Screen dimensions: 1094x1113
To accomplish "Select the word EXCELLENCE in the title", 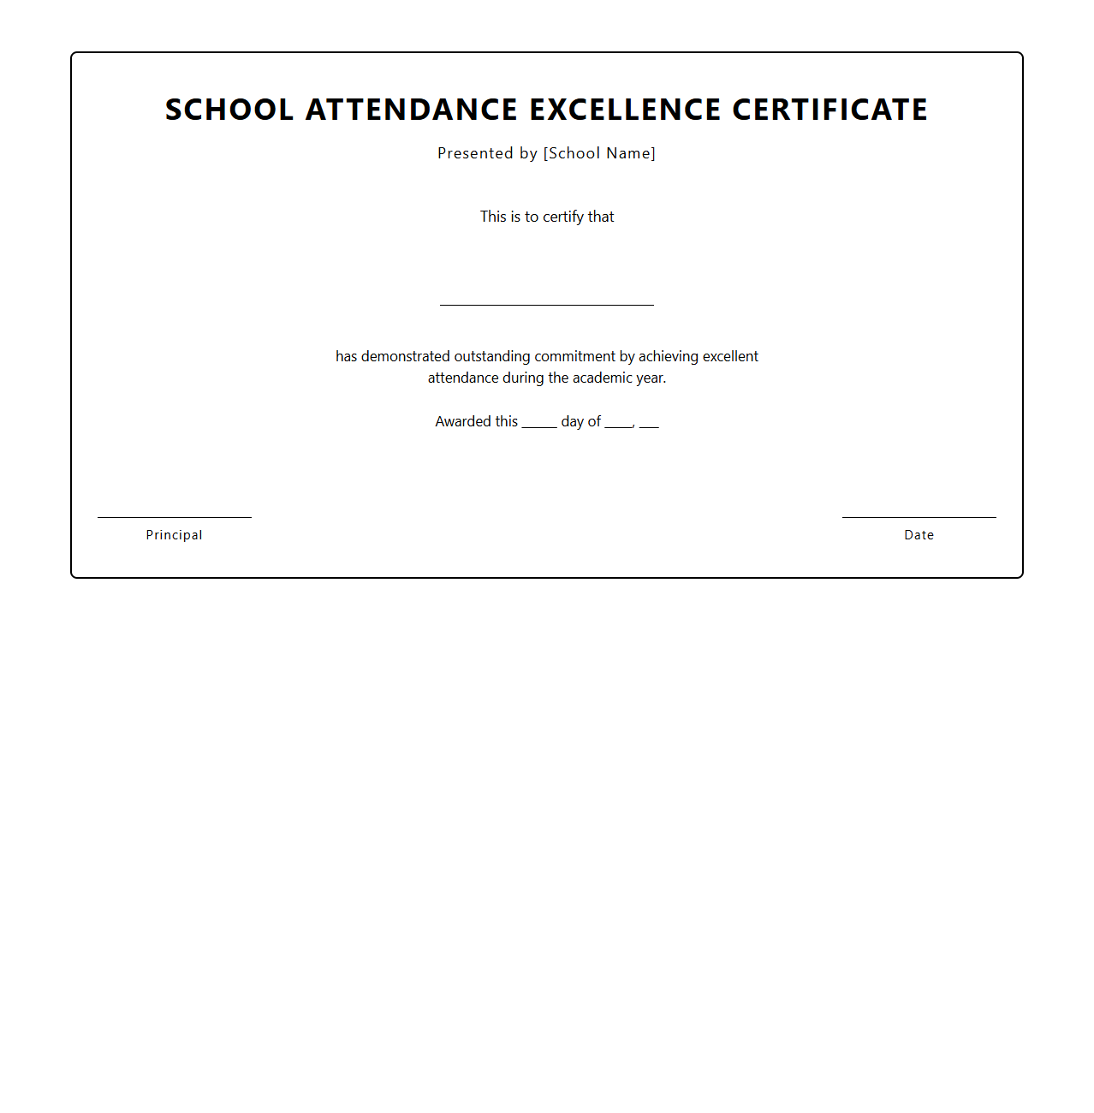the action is [x=625, y=110].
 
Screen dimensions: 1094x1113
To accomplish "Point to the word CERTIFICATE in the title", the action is [x=829, y=110].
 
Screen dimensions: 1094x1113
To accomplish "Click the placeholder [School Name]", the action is [x=599, y=153].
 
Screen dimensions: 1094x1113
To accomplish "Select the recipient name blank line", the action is [x=546, y=304].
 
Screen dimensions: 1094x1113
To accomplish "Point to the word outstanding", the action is [x=492, y=356].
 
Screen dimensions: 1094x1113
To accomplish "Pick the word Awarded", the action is [x=462, y=421].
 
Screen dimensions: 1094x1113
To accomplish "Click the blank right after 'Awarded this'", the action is [x=539, y=426].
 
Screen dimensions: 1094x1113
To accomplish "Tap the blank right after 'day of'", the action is [x=618, y=426].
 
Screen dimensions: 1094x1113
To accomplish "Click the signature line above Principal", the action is [x=175, y=517].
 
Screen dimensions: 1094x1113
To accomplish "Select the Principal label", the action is [x=175, y=535].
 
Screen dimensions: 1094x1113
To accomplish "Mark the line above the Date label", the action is [x=919, y=517].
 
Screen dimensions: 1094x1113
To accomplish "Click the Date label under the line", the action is [x=919, y=535].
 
